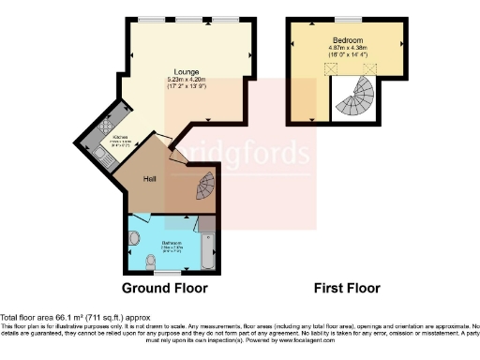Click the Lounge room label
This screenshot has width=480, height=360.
coord(184,71)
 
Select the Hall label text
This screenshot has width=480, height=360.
coord(149,177)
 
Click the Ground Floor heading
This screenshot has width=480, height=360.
coord(165,288)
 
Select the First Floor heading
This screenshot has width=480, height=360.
coord(349,288)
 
